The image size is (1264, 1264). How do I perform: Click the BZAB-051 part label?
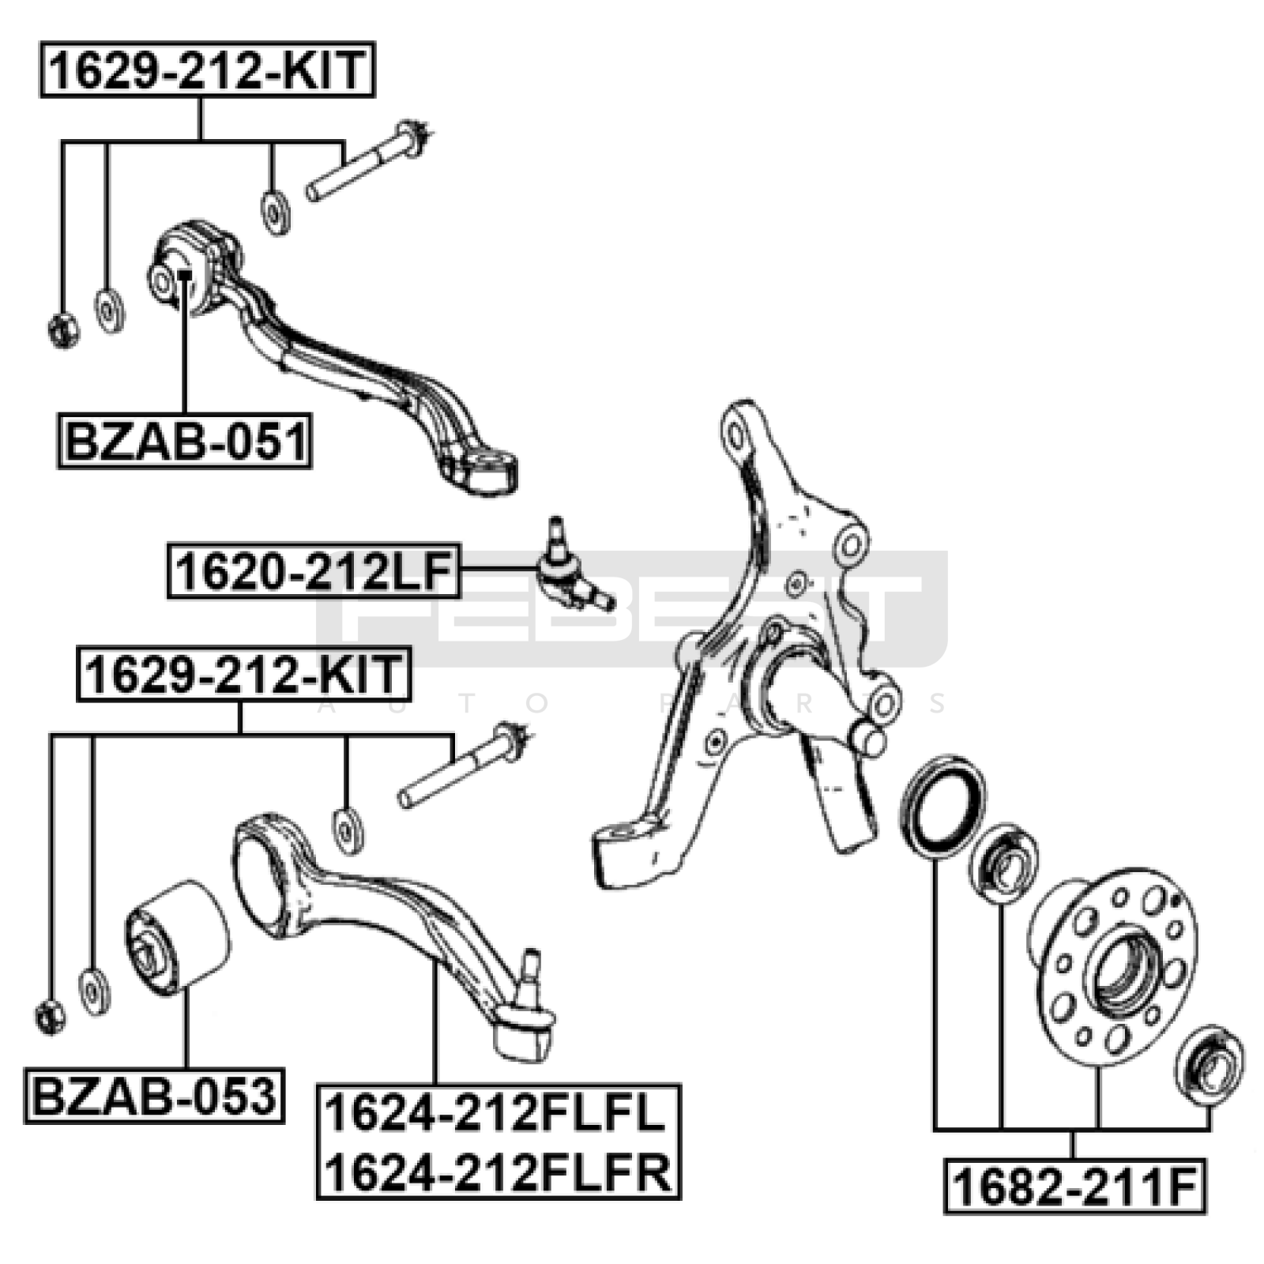coord(185,441)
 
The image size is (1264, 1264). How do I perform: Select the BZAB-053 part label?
coord(154,1096)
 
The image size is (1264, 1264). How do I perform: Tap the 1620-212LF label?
coord(314,571)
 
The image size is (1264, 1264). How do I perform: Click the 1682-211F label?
coord(1075,1186)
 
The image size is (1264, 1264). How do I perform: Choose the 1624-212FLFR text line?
coord(498,1171)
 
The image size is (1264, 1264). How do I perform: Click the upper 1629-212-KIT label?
coord(207,70)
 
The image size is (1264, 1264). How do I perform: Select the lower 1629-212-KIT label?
coord(244,674)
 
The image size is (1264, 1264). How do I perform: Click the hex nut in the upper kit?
coord(62,329)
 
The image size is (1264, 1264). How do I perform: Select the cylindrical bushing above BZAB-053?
coord(178,935)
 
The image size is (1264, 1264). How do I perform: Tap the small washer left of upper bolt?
coord(275,211)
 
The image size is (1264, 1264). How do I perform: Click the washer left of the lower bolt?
coord(348,830)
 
